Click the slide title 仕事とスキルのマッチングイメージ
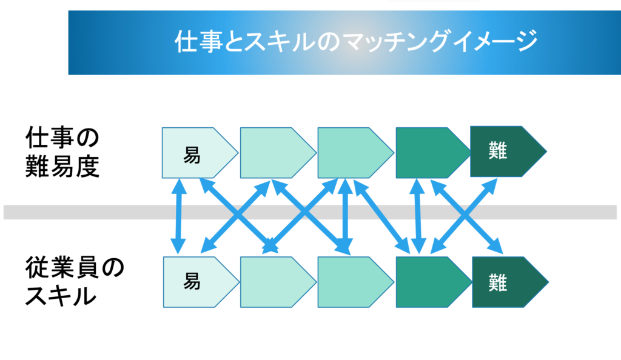356,41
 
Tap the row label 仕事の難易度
62,152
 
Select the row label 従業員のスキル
75,282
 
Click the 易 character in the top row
192,155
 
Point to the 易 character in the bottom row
192,282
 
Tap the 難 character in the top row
497,151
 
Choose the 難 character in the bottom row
497,282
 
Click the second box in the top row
278,153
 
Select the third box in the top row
355,153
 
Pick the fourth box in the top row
433,153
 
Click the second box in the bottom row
278,282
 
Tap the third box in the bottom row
355,282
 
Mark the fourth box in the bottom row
434,282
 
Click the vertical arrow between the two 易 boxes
179,216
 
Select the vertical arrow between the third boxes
346,216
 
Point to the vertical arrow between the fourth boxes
417,216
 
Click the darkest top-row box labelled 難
508,151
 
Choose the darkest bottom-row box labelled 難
510,282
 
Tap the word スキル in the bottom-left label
61,295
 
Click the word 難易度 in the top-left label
62,166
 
